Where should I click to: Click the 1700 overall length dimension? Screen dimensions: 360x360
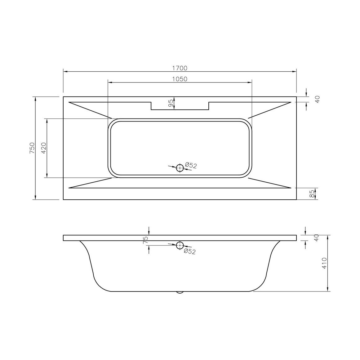coord(180,68)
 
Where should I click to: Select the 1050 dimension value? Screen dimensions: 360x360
coord(180,79)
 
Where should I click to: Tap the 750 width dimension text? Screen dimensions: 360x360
coord(32,148)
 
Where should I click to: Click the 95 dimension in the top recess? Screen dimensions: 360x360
coord(171,103)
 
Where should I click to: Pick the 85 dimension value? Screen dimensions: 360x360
coord(312,194)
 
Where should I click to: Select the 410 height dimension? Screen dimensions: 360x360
coord(324,263)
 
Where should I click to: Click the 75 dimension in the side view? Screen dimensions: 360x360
coord(145,240)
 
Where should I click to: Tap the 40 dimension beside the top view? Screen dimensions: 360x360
coord(317,99)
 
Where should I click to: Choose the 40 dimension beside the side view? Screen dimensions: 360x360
coord(316,238)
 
